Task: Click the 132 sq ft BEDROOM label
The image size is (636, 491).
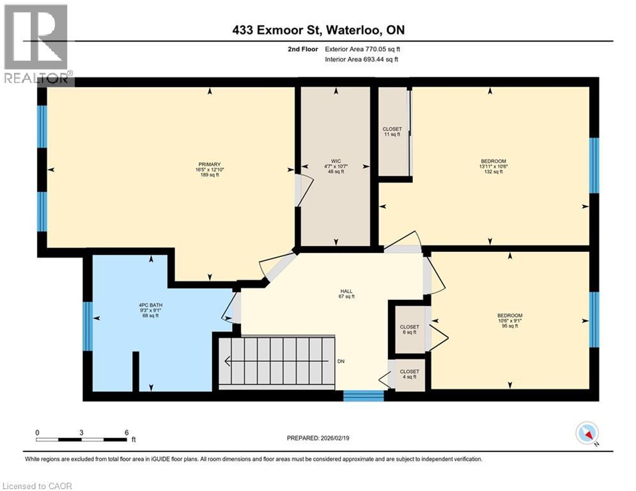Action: [x=493, y=166]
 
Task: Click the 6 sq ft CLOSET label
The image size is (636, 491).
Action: [x=409, y=329]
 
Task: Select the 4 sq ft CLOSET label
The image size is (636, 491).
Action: [x=409, y=375]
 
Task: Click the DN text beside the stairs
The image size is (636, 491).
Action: [x=341, y=362]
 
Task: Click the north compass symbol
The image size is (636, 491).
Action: [x=586, y=434]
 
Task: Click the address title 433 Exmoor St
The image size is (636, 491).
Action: [x=318, y=30]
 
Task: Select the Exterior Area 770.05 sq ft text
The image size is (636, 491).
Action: [x=363, y=49]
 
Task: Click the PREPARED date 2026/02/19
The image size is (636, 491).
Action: [x=318, y=438]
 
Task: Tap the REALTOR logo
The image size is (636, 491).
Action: [x=36, y=43]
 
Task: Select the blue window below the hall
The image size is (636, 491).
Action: [x=363, y=396]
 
